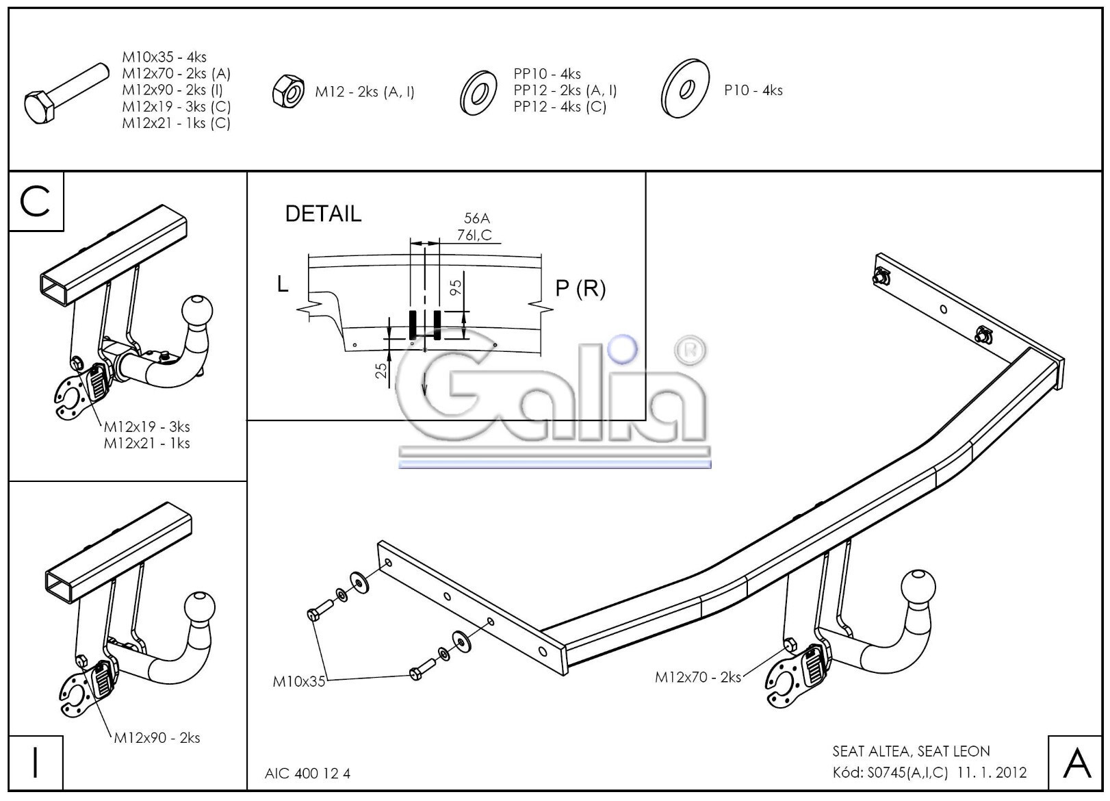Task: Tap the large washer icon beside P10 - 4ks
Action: tap(685, 89)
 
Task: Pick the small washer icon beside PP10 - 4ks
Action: tap(478, 92)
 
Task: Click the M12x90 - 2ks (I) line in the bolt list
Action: tap(172, 90)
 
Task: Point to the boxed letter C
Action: tap(36, 201)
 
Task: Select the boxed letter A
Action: tap(1076, 763)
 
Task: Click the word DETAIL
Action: tap(323, 214)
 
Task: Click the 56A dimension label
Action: tap(477, 218)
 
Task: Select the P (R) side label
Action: tap(580, 289)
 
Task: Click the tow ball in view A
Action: tap(918, 588)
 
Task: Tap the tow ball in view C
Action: tap(199, 311)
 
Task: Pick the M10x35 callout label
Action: tap(299, 681)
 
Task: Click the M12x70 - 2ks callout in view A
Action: tap(697, 677)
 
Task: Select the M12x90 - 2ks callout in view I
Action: tap(157, 737)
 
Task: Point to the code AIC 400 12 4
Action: tap(307, 774)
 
